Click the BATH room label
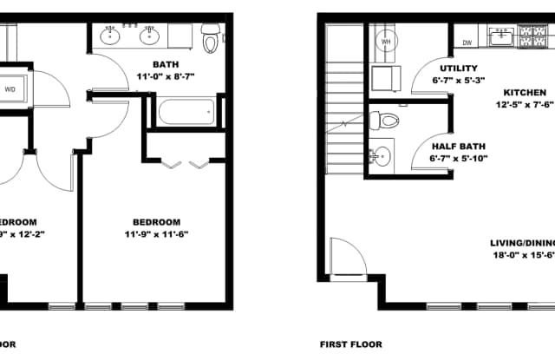click(165, 64)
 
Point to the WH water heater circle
click(387, 41)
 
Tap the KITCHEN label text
click(525, 92)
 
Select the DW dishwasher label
click(467, 42)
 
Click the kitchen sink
click(501, 37)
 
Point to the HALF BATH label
click(457, 146)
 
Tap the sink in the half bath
click(381, 156)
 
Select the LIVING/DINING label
click(521, 244)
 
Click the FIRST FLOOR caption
click(350, 344)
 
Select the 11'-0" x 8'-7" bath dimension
click(165, 76)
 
